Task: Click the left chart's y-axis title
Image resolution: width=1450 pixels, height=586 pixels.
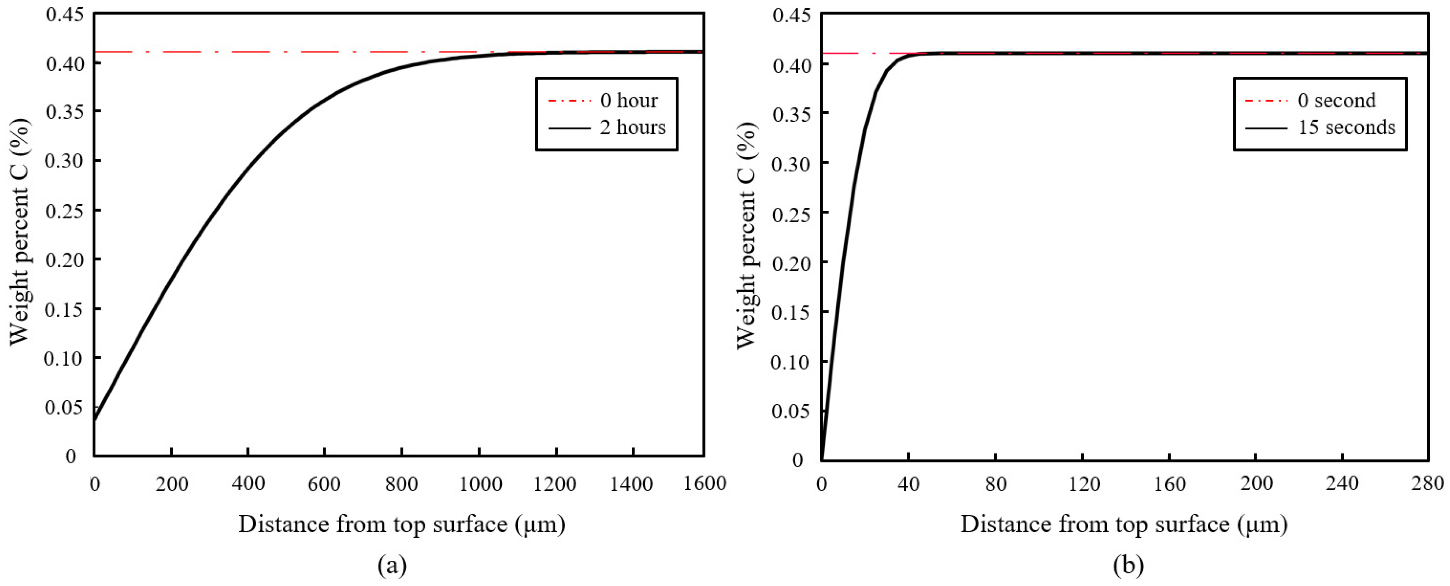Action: pyautogui.click(x=20, y=232)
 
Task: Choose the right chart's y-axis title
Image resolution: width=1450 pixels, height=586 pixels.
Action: pyautogui.click(x=747, y=235)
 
